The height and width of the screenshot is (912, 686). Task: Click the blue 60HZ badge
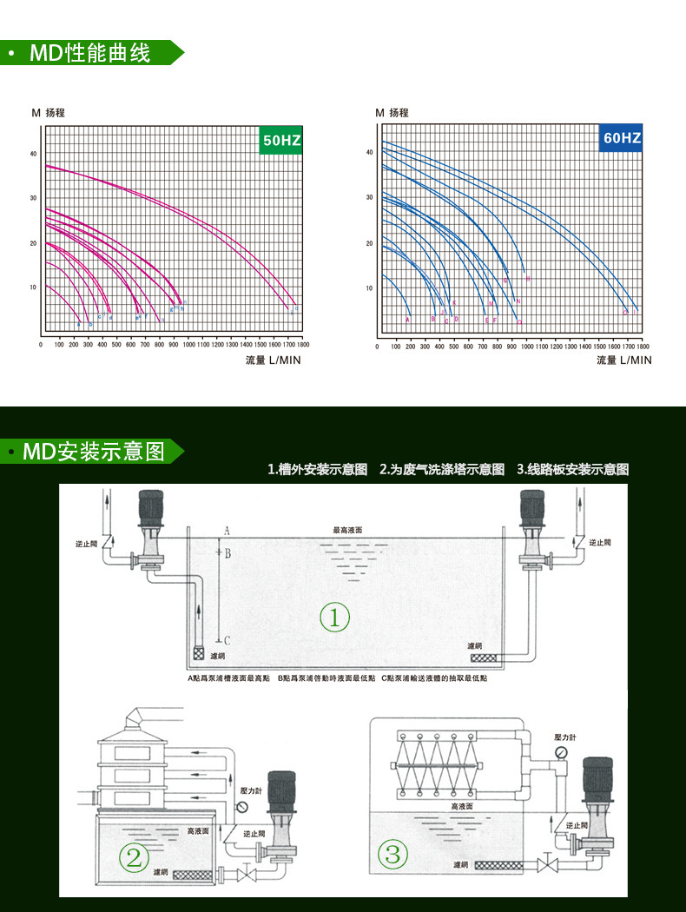click(621, 139)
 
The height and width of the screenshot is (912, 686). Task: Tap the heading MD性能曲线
click(90, 53)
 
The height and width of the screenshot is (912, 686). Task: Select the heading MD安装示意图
click(94, 452)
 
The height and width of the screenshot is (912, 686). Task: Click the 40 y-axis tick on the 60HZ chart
click(369, 152)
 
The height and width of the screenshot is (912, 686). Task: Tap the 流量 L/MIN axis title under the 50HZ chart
click(273, 360)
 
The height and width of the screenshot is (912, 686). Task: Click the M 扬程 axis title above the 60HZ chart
click(392, 113)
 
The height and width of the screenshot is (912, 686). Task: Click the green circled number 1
click(334, 618)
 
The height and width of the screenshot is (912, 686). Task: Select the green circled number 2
click(134, 858)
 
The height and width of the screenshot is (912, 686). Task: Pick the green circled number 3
click(392, 855)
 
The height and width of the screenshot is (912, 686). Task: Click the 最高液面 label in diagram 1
click(347, 530)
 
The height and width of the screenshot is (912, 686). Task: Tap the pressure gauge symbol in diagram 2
click(242, 807)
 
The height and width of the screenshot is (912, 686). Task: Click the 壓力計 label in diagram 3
click(565, 737)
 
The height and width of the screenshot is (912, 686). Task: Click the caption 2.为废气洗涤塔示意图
click(442, 470)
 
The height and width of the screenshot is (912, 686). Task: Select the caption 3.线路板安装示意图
click(572, 470)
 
